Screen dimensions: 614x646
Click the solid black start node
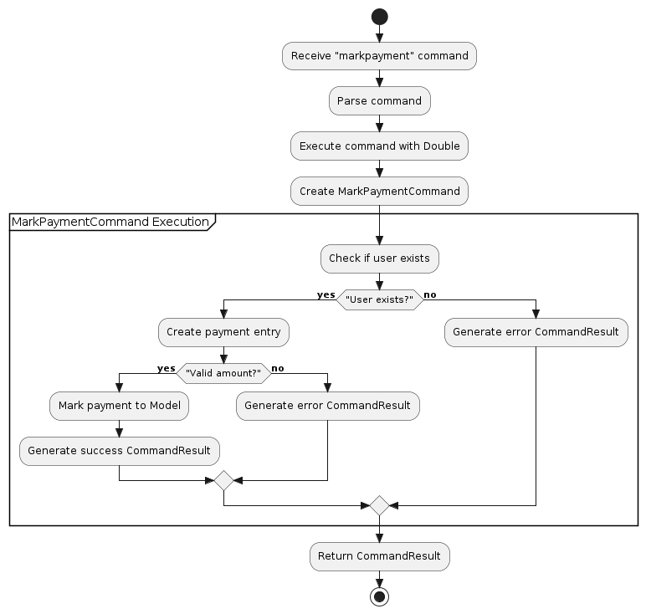pyautogui.click(x=379, y=17)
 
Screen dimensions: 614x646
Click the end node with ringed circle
pyautogui.click(x=379, y=596)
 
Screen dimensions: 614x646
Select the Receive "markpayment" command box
pyautogui.click(x=379, y=56)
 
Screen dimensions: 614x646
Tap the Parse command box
pyautogui.click(x=379, y=100)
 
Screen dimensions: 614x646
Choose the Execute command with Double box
pyautogui.click(x=379, y=146)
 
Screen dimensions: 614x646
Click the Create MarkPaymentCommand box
pyautogui.click(x=379, y=191)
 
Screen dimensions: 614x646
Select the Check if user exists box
pyautogui.click(x=379, y=258)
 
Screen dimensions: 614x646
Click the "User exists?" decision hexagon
pyautogui.click(x=379, y=299)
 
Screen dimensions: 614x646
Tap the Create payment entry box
pyautogui.click(x=223, y=331)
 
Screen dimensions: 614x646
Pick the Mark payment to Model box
pyautogui.click(x=119, y=406)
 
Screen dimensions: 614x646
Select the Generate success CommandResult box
pyautogui.click(x=119, y=451)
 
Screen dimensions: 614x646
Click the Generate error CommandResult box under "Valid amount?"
pyautogui.click(x=327, y=406)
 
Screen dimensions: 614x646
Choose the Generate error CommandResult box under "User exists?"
pyautogui.click(x=536, y=331)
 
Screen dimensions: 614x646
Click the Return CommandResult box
pyautogui.click(x=379, y=556)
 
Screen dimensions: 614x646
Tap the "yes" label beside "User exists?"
pyautogui.click(x=326, y=294)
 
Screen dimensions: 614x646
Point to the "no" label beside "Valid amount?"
pyautogui.click(x=278, y=368)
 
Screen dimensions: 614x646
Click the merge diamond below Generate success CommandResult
pyautogui.click(x=223, y=481)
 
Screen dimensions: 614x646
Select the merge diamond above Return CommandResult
pyautogui.click(x=379, y=505)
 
